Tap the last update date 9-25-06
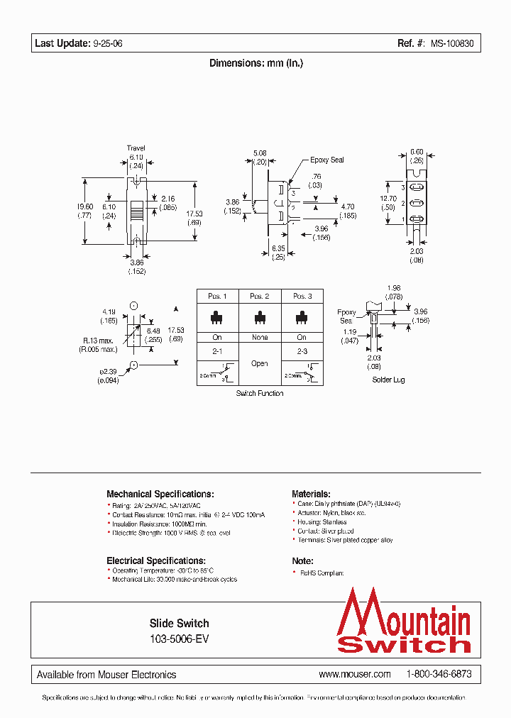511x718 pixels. [x=107, y=44]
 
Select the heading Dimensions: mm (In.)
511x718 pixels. [x=256, y=63]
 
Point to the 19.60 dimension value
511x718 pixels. [x=84, y=206]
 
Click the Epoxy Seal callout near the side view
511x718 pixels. [x=326, y=160]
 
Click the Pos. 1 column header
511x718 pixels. [x=217, y=296]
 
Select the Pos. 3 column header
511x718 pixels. [x=302, y=296]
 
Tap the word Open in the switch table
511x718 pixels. [x=260, y=363]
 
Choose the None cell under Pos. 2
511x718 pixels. [x=260, y=337]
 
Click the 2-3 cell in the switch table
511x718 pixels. [x=302, y=350]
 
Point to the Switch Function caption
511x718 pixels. [x=260, y=393]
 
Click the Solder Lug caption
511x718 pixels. [x=388, y=380]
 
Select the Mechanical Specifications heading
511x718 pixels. [x=160, y=494]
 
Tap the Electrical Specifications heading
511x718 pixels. [x=156, y=560]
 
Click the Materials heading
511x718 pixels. [x=311, y=494]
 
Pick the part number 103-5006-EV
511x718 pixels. [x=179, y=638]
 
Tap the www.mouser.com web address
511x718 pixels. [x=355, y=674]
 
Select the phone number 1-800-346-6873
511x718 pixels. [x=439, y=674]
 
